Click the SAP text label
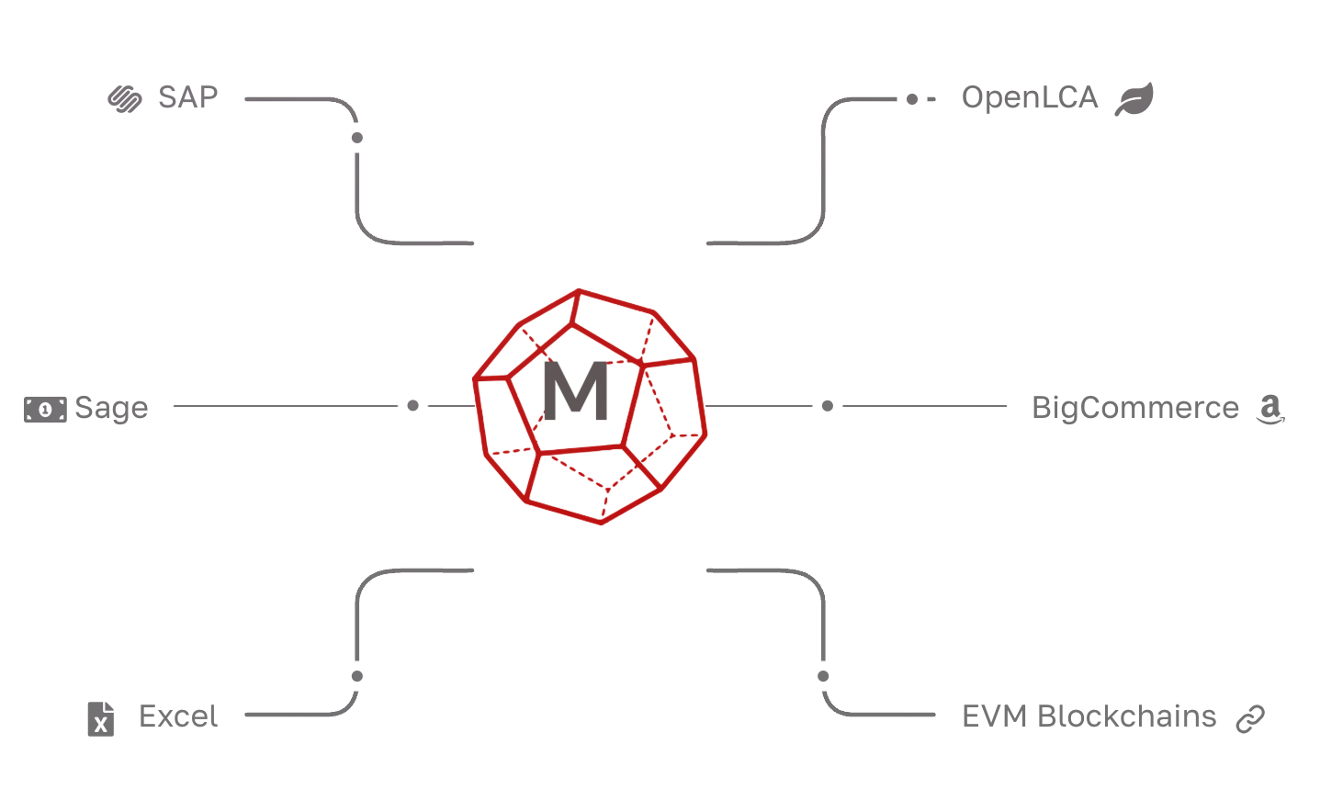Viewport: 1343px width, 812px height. [x=187, y=97]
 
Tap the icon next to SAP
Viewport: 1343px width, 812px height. [x=125, y=98]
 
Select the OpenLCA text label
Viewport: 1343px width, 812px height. [x=1029, y=97]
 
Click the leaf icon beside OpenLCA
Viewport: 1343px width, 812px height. [x=1134, y=99]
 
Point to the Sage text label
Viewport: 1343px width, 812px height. [x=111, y=408]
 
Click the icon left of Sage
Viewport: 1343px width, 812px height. [x=44, y=409]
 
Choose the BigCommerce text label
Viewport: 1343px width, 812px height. [x=1134, y=407]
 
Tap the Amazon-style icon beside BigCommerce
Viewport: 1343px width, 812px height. [x=1270, y=410]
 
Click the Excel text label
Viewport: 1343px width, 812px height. [x=177, y=716]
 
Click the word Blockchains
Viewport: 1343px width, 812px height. [x=1127, y=716]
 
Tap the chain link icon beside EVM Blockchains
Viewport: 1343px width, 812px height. [x=1249, y=718]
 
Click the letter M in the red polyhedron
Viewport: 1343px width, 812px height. [x=576, y=391]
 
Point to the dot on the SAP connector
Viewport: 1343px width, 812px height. [x=356, y=138]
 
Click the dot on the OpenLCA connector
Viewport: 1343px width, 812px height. [x=911, y=99]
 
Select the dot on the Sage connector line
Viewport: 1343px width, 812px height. [x=412, y=405]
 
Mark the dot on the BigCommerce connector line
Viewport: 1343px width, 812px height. [x=827, y=405]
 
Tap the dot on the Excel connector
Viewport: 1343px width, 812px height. [x=356, y=677]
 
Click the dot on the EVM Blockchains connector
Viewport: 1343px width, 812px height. [x=823, y=677]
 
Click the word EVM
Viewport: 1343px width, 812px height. [x=994, y=716]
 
